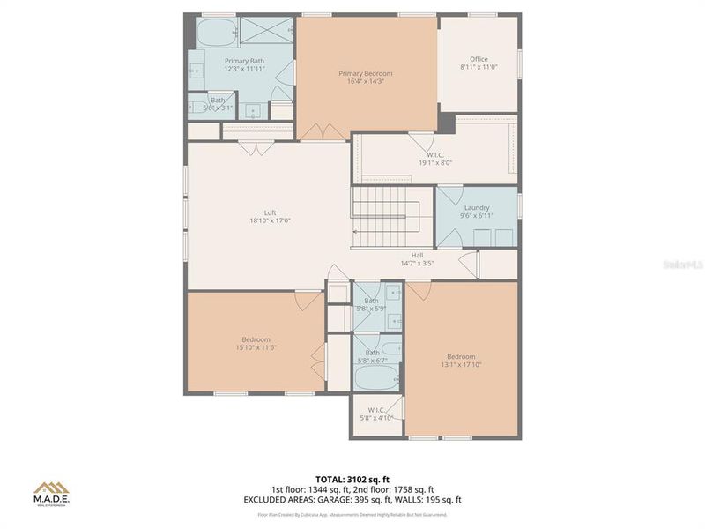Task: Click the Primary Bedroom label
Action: coord(366,74)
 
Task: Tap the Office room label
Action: coord(479,60)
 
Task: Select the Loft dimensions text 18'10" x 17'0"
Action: coord(270,221)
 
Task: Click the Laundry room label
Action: coord(477,208)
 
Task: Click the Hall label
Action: coord(418,255)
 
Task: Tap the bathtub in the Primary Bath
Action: coord(216,34)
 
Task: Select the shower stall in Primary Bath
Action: coord(267,32)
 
